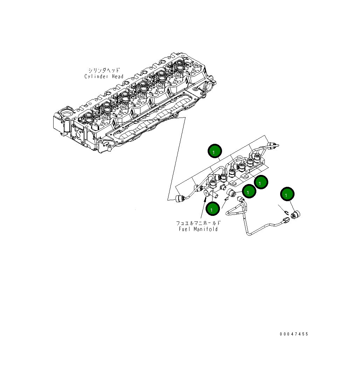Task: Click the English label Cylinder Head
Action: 104,76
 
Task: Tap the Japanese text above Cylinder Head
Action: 104,70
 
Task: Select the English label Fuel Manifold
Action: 198,229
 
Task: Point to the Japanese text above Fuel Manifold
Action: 198,223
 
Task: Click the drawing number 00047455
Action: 294,334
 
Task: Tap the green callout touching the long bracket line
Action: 215,151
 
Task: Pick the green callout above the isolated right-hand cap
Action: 287,194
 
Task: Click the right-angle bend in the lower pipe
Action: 248,233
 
